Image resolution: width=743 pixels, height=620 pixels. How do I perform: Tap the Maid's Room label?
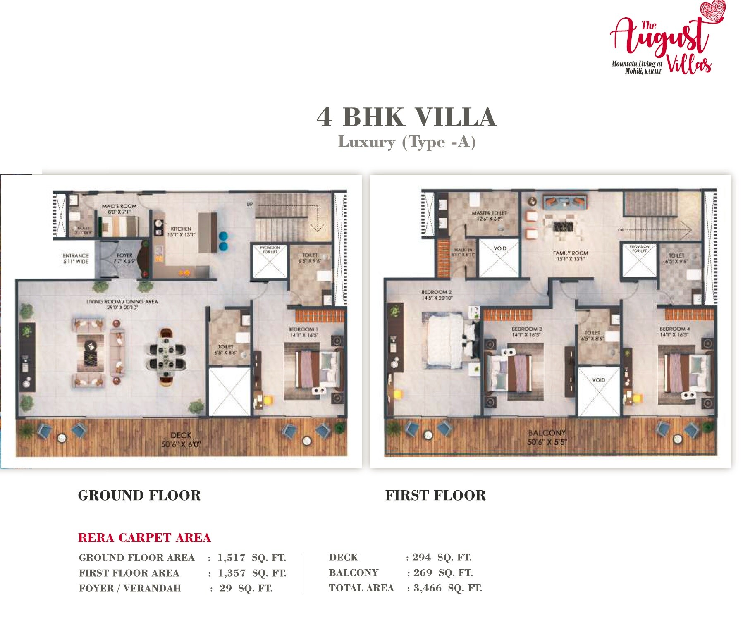point(119,209)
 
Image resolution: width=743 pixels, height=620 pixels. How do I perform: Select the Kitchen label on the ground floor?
point(181,231)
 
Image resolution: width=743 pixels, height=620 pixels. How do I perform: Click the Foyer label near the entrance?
point(124,258)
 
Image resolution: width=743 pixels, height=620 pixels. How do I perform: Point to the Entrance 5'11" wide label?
point(76,258)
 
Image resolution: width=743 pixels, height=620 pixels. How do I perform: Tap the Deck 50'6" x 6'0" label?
point(181,440)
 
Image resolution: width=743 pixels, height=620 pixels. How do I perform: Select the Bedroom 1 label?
point(303,332)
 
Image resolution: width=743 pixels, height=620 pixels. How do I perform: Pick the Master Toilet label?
point(489,215)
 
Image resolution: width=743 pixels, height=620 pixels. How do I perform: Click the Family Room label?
point(570,256)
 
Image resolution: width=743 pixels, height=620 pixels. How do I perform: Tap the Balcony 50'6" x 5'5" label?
point(547,437)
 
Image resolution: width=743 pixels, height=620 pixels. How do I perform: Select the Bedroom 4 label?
point(674,332)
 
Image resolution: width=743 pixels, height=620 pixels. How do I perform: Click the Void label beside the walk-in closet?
point(500,248)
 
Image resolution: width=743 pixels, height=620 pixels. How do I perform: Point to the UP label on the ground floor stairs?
point(249,204)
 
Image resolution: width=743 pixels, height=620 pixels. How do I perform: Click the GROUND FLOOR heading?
point(139,495)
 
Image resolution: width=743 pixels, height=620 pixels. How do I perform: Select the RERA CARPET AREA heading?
point(144,537)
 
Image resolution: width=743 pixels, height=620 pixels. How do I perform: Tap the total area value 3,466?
point(427,588)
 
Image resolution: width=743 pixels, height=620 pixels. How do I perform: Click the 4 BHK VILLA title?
point(406,117)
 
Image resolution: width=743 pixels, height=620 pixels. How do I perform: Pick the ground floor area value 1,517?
point(232,558)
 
